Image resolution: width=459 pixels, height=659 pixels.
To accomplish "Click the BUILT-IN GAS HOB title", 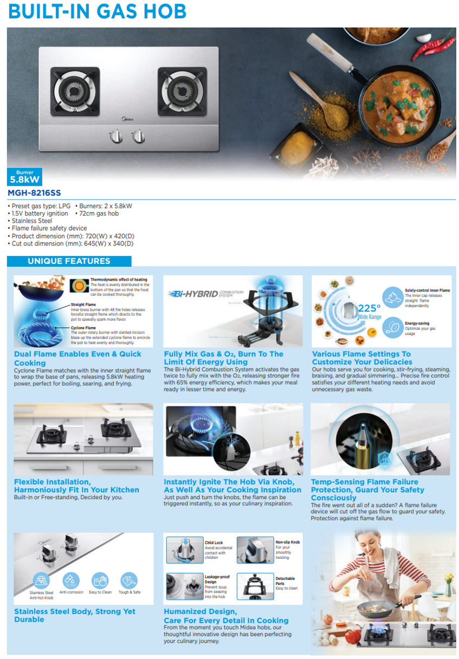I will pyautogui.click(x=98, y=11).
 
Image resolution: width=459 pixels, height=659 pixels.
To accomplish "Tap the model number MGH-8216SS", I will pyautogui.click(x=35, y=193).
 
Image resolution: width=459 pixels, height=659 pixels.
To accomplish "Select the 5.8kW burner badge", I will pyautogui.click(x=25, y=178).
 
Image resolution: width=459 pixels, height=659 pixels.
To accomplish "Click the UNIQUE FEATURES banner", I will pyautogui.click(x=69, y=261).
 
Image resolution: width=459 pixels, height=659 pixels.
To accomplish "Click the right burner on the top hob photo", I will pyautogui.click(x=182, y=88).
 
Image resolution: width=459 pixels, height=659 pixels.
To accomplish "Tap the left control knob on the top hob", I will pyautogui.click(x=115, y=137).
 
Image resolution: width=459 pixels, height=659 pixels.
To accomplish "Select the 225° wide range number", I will pyautogui.click(x=369, y=309).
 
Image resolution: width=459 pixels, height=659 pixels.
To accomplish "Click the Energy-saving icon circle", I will pyautogui.click(x=391, y=327).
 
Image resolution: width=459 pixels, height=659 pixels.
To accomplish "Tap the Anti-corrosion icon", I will pyautogui.click(x=71, y=580).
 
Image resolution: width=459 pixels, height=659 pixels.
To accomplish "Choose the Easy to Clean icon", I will pyautogui.click(x=100, y=580).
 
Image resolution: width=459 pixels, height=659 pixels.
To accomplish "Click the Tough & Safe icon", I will pyautogui.click(x=129, y=580).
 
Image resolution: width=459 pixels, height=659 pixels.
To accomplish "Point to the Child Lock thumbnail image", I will pyautogui.click(x=184, y=550).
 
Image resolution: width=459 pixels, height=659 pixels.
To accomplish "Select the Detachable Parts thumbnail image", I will pyautogui.click(x=255, y=586).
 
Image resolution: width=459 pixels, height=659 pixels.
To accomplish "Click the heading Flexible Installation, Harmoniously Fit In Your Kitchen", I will pyautogui.click(x=76, y=486).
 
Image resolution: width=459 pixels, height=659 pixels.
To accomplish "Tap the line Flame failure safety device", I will pyautogui.click(x=47, y=229).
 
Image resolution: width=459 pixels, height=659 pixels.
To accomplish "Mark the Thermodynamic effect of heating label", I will pyautogui.click(x=118, y=280).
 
